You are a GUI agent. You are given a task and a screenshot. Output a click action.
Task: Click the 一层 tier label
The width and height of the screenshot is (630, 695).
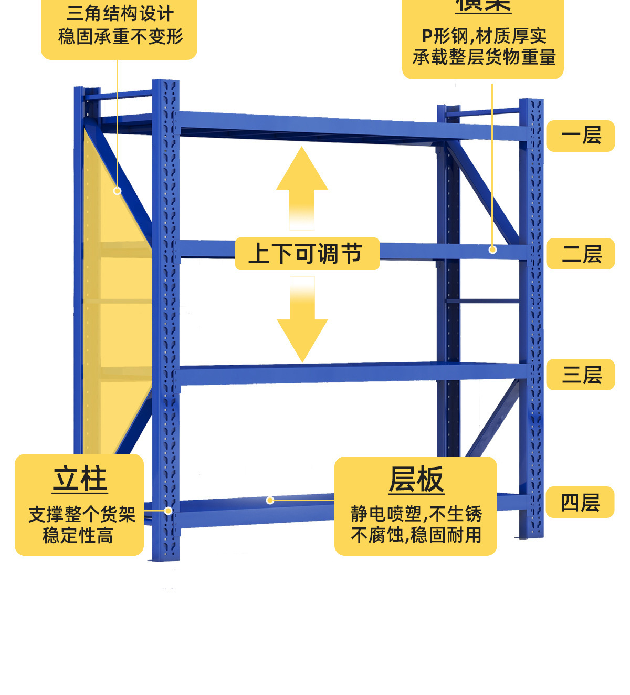tap(581, 136)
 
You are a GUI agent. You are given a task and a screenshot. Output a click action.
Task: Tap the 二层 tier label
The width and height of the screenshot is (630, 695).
tap(581, 254)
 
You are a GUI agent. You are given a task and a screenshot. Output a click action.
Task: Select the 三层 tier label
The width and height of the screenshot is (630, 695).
tap(581, 375)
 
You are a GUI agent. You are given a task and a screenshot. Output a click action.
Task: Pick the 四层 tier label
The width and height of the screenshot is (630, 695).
tap(580, 503)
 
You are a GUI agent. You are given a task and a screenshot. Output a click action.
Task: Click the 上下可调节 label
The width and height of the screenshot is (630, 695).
tap(307, 254)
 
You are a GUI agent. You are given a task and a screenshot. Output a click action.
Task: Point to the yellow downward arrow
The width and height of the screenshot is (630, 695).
tap(302, 320)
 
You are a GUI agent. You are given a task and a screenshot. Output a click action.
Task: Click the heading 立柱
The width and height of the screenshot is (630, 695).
tap(80, 479)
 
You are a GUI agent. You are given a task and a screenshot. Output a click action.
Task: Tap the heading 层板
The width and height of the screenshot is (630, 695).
tap(416, 480)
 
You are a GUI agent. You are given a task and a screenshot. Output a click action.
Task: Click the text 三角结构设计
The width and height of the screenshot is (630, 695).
tap(120, 14)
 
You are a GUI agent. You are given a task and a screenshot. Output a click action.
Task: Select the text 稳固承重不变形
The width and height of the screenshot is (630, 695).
tap(120, 37)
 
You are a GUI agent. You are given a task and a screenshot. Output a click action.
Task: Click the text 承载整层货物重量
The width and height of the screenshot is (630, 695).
tap(484, 57)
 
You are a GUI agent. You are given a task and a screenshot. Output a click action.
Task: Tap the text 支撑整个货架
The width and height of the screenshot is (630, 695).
tap(81, 514)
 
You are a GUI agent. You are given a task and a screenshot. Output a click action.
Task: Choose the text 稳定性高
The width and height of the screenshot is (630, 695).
tap(78, 536)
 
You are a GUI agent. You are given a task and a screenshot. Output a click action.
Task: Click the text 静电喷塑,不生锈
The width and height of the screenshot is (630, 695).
tap(416, 513)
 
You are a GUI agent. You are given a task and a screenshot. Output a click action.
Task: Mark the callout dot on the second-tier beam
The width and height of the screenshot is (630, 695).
tap(492, 250)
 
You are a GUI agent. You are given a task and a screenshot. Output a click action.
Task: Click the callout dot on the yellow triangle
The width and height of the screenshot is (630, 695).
tap(117, 191)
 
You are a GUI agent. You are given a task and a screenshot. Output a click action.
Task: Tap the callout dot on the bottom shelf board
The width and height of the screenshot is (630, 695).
tap(270, 500)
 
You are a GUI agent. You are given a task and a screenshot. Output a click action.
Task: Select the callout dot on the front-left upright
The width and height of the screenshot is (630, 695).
tap(169, 511)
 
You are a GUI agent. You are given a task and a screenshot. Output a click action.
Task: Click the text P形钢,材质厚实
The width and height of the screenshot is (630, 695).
tap(484, 36)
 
